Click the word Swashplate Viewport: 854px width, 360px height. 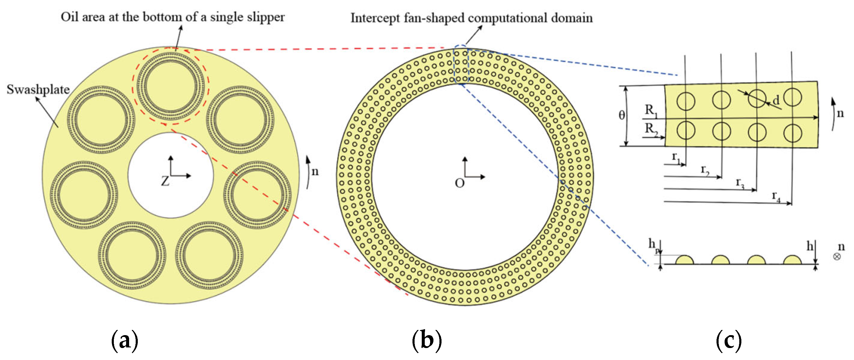(x=38, y=90)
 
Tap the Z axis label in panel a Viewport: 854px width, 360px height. (x=165, y=181)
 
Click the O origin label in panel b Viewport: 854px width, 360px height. (x=460, y=183)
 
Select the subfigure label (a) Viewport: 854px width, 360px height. (x=124, y=340)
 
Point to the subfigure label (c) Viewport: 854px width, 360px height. (x=729, y=340)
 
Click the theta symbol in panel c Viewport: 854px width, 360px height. (x=622, y=115)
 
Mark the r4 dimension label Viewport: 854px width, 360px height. (x=776, y=196)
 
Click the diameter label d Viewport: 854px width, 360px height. (x=776, y=100)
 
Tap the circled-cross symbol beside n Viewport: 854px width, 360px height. (x=837, y=257)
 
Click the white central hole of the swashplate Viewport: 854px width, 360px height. (x=170, y=199)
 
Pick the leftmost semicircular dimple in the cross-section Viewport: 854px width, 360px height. (x=684, y=260)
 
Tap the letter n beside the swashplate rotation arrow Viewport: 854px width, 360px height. (x=315, y=171)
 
